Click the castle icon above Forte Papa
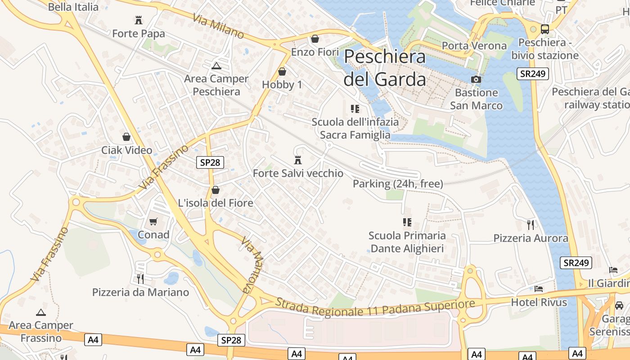coord(139,20)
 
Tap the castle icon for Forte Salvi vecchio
coord(297,160)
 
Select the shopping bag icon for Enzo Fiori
coord(315,39)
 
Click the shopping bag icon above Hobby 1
coord(282,72)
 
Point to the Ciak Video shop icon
coord(126,137)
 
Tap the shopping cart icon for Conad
coord(153,221)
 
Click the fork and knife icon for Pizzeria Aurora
coord(531,225)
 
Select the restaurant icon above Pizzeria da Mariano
coord(140,279)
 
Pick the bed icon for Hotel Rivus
coord(539,289)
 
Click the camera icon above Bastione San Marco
coord(476,80)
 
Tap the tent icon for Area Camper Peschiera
coord(216,66)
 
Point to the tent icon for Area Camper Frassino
coord(41,312)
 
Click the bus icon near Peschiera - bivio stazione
coord(545,29)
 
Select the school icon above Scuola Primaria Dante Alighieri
coord(407,222)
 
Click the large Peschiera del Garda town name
coord(385,68)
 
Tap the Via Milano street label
coord(218,27)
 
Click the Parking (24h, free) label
coord(398,184)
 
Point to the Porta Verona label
coord(474,46)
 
